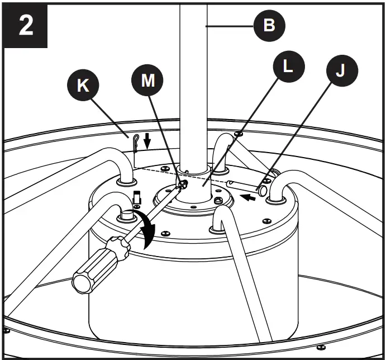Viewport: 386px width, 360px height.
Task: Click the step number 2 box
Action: [25, 26]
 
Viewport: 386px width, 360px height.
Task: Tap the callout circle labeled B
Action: [269, 26]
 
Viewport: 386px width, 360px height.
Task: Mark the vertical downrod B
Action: [193, 84]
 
